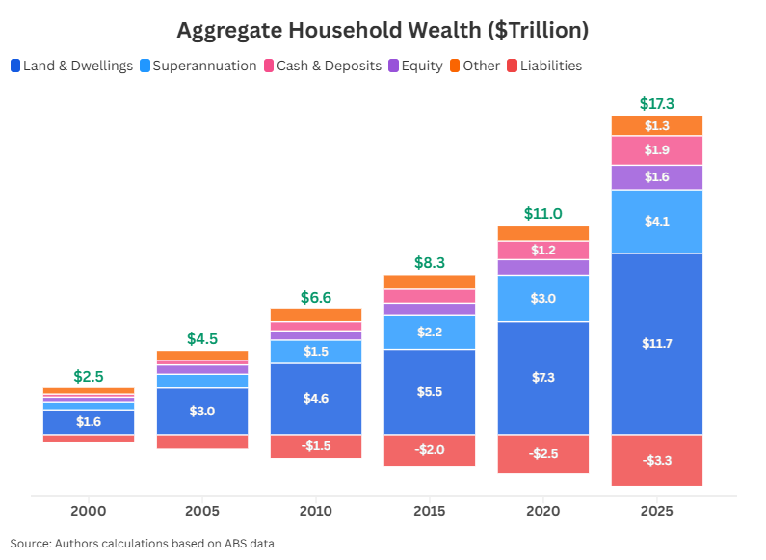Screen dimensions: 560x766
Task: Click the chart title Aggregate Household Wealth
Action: click(383, 30)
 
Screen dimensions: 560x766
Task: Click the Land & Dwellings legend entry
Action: click(71, 66)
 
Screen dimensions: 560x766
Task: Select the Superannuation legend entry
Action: click(198, 66)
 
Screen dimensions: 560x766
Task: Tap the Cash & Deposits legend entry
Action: click(322, 66)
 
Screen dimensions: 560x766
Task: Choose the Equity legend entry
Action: click(415, 66)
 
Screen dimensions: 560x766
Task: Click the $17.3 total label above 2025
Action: click(656, 103)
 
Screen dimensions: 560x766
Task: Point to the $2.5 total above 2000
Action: click(89, 376)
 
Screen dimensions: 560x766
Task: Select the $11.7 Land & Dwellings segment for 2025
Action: click(656, 343)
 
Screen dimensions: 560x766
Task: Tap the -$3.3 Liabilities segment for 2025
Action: click(656, 460)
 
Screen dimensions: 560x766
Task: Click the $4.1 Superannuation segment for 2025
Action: click(656, 222)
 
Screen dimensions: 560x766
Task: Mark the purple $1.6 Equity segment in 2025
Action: click(656, 177)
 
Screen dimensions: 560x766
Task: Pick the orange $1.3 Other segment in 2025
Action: click(656, 125)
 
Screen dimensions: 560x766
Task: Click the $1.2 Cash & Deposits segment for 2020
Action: click(542, 250)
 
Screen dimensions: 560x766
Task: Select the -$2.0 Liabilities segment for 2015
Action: click(429, 450)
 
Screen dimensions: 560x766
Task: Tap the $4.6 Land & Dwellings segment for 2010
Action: click(315, 398)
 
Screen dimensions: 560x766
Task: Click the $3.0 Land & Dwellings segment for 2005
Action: click(202, 411)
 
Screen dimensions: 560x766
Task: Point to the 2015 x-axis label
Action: click(429, 511)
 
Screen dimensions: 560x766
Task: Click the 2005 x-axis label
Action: click(202, 511)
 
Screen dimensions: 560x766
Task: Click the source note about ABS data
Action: click(143, 543)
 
